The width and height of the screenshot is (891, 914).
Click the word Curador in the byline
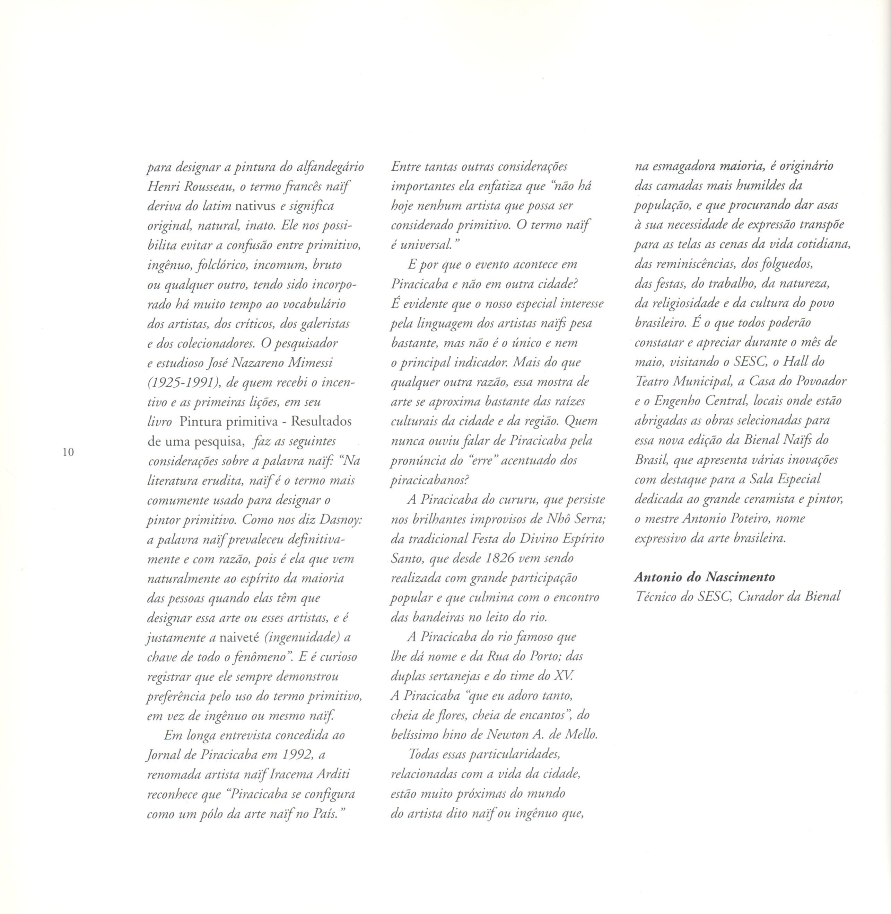(x=762, y=597)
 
